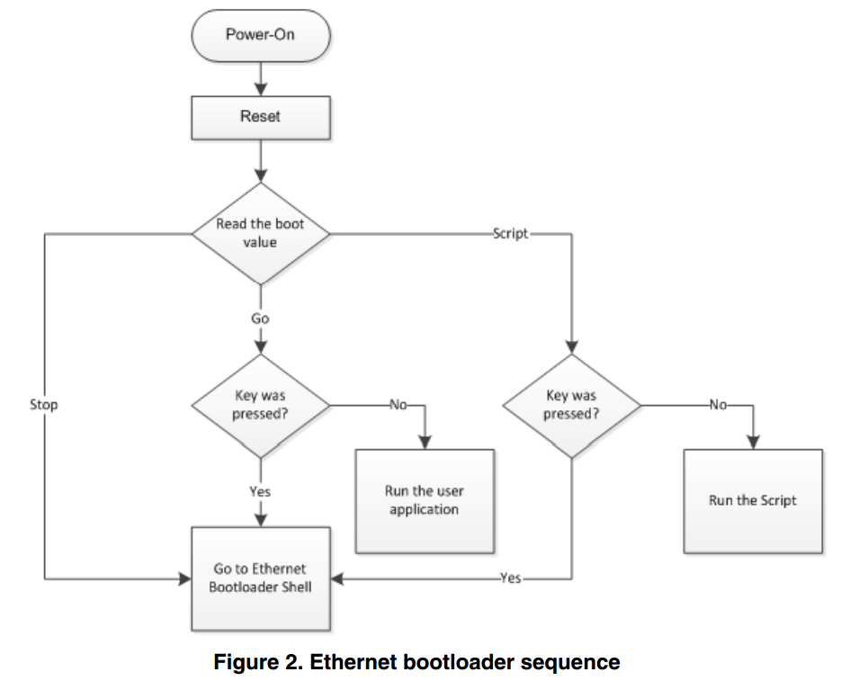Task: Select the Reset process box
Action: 261,117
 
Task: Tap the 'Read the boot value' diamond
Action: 261,233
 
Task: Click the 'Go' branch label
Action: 261,318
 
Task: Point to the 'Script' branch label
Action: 511,233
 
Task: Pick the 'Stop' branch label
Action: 44,405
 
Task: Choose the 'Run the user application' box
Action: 424,500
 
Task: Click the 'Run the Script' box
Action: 753,500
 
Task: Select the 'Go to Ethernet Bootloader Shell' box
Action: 261,578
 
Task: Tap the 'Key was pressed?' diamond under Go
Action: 261,404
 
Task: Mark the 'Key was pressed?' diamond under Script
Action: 571,404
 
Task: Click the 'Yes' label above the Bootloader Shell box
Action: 261,491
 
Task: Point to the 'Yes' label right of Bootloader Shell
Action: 510,578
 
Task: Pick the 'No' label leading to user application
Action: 398,404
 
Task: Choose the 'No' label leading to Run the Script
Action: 718,404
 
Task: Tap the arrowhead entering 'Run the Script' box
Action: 754,442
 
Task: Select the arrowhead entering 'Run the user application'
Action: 424,442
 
